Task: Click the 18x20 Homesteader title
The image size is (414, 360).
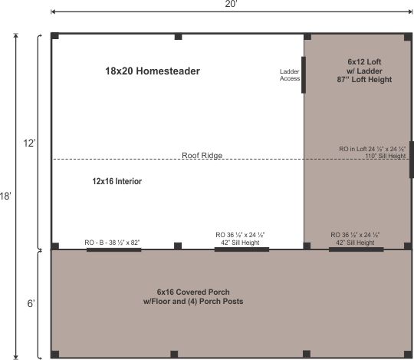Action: pos(153,71)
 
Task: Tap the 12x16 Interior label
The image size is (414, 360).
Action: pos(117,182)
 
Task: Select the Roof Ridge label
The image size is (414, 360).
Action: pos(201,155)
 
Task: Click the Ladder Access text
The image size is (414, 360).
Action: pos(289,74)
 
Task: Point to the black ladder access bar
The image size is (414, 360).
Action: pos(303,74)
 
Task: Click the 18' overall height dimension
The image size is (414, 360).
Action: pos(5,196)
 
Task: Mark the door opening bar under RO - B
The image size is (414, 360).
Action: pos(113,249)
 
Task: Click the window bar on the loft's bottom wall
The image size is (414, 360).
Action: pos(356,249)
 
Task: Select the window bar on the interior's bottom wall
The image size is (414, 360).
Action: pos(241,249)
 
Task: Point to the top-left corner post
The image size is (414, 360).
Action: pos(55,37)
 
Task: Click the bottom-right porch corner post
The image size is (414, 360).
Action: pos(407,354)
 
